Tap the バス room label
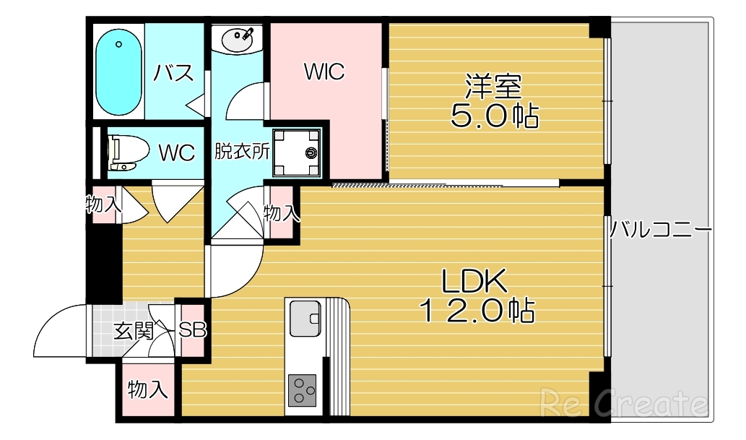175,73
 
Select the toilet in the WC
121,152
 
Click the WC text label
176,152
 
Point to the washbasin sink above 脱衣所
239,40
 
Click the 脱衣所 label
242,152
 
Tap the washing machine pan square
298,152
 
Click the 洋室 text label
493,87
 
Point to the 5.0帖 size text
495,116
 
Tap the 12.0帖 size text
477,311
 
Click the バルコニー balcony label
660,230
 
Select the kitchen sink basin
305,319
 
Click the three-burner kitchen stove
303,392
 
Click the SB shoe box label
193,331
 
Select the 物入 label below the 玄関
148,391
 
